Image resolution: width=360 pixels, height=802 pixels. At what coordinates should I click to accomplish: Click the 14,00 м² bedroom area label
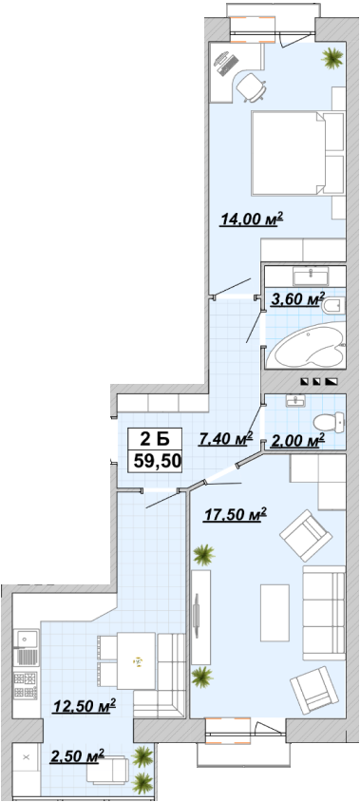tap(252, 220)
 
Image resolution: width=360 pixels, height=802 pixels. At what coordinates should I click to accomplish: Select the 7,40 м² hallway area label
tap(226, 438)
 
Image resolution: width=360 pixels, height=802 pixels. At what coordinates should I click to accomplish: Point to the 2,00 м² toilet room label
tap(298, 440)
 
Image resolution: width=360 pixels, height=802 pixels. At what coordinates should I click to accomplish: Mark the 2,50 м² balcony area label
tap(77, 756)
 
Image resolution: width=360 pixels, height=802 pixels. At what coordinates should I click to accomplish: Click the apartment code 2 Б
tap(155, 439)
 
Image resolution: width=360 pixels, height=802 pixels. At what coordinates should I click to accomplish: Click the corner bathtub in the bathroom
tap(307, 345)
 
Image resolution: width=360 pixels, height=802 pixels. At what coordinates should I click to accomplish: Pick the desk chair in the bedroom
tap(252, 86)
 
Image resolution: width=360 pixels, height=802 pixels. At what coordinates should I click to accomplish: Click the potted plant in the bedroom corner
tap(332, 57)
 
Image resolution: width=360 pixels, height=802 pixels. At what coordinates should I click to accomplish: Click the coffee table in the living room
tap(275, 613)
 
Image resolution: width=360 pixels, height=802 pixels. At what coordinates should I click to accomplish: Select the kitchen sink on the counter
tap(27, 639)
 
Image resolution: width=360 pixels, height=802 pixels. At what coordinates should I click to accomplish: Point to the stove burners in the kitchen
tap(26, 686)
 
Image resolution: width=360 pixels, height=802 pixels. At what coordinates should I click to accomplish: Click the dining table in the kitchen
tap(136, 660)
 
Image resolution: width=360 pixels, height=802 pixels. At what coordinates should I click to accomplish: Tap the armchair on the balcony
tap(107, 770)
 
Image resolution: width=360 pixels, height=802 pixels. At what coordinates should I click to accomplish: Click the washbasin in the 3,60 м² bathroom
tap(311, 277)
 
